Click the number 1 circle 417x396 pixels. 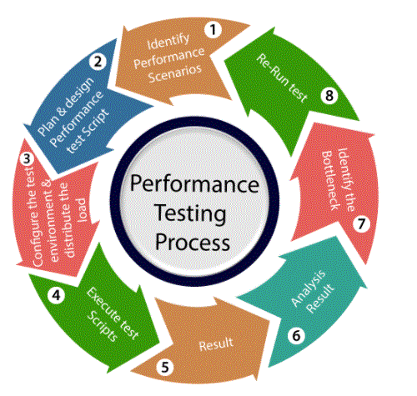pyautogui.click(x=213, y=29)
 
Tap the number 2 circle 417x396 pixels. pyautogui.click(x=98, y=62)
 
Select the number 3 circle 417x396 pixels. pyautogui.click(x=27, y=159)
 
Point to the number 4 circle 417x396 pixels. pyautogui.click(x=57, y=295)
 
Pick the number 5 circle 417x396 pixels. pyautogui.click(x=165, y=367)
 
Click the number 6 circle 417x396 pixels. pyautogui.click(x=296, y=336)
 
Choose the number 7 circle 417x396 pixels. pyautogui.click(x=361, y=223)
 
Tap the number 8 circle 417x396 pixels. pyautogui.click(x=329, y=96)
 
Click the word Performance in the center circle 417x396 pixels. pyautogui.click(x=194, y=184)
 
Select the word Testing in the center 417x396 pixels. pyautogui.click(x=190, y=213)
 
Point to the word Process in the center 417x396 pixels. pyautogui.click(x=193, y=242)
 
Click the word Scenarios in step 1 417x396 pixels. pyautogui.click(x=175, y=73)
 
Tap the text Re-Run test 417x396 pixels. pyautogui.click(x=282, y=78)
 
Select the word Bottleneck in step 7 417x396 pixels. pyautogui.click(x=330, y=181)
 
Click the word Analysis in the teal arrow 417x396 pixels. pyautogui.click(x=309, y=288)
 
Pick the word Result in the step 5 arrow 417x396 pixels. pyautogui.click(x=216, y=343)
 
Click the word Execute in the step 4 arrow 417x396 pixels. pyautogui.click(x=103, y=305)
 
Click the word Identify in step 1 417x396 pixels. pyautogui.click(x=168, y=42)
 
